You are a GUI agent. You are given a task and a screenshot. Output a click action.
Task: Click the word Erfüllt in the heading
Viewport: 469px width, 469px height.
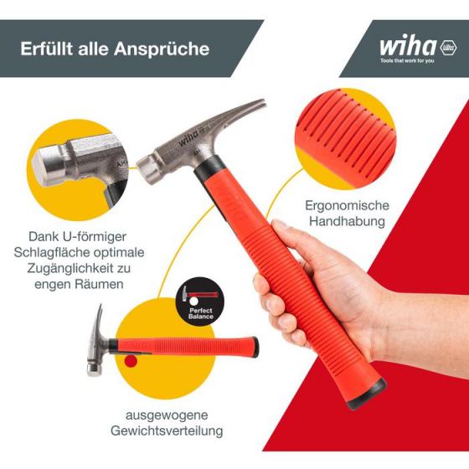46,49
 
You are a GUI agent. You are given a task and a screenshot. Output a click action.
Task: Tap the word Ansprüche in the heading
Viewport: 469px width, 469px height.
162,49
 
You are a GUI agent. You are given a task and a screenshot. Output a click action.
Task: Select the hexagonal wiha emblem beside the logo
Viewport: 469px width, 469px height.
448,48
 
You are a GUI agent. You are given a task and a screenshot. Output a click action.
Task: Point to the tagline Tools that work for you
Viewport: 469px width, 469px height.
407,61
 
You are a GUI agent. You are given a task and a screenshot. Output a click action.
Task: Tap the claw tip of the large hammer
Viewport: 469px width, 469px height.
262,102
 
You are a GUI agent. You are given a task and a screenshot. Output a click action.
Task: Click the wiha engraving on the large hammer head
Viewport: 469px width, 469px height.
188,138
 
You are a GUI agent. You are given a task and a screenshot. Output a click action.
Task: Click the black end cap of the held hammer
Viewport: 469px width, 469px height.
368,395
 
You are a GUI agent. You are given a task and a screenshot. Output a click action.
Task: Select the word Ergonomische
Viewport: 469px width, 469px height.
347,206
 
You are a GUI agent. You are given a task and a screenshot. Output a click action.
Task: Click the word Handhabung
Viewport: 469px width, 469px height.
347,222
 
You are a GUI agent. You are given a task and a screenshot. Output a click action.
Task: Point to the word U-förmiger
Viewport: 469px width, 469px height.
94,237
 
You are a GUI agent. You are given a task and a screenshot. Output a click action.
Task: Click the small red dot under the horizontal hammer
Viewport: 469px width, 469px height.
131,361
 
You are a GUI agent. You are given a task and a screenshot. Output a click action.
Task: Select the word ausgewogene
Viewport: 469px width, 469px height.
167,415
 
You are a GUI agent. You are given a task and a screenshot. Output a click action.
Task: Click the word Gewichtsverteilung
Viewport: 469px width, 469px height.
167,431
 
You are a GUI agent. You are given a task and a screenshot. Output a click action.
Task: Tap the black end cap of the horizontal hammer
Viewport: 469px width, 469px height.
255,348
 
